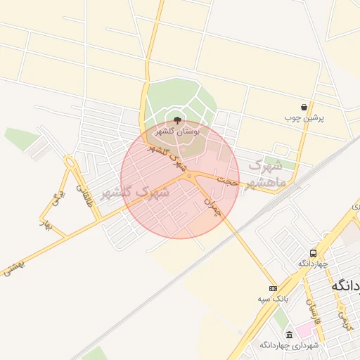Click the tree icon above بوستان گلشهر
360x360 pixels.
176,120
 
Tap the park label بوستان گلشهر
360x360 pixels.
177,131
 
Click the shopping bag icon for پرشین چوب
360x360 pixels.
304,107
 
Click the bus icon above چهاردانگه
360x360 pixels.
312,253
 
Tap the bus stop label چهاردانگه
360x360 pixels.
312,264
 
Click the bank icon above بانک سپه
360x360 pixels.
273,288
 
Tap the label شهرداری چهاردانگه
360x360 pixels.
290,345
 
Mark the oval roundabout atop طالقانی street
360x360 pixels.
71,164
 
